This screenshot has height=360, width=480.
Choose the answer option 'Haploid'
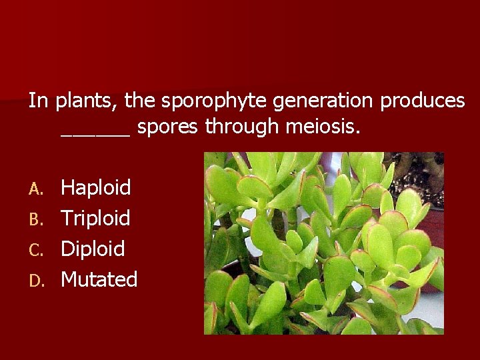point(96,188)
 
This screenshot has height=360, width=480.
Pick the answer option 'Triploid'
point(95,219)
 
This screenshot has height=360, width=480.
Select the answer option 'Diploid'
point(93,249)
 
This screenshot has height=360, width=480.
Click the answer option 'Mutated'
point(99,279)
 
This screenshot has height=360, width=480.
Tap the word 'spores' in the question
point(167,126)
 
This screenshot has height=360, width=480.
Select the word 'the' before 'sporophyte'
point(139,101)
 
